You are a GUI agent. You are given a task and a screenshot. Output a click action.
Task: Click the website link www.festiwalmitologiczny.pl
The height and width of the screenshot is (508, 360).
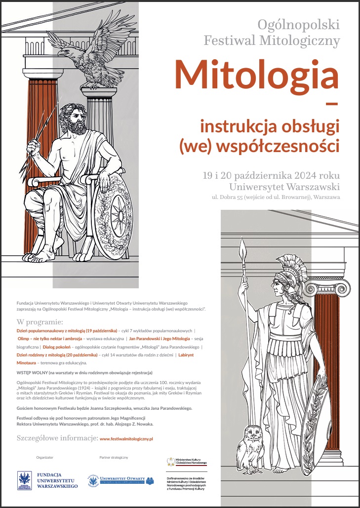126,438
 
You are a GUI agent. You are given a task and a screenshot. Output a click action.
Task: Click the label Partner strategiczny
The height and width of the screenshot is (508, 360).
113,457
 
